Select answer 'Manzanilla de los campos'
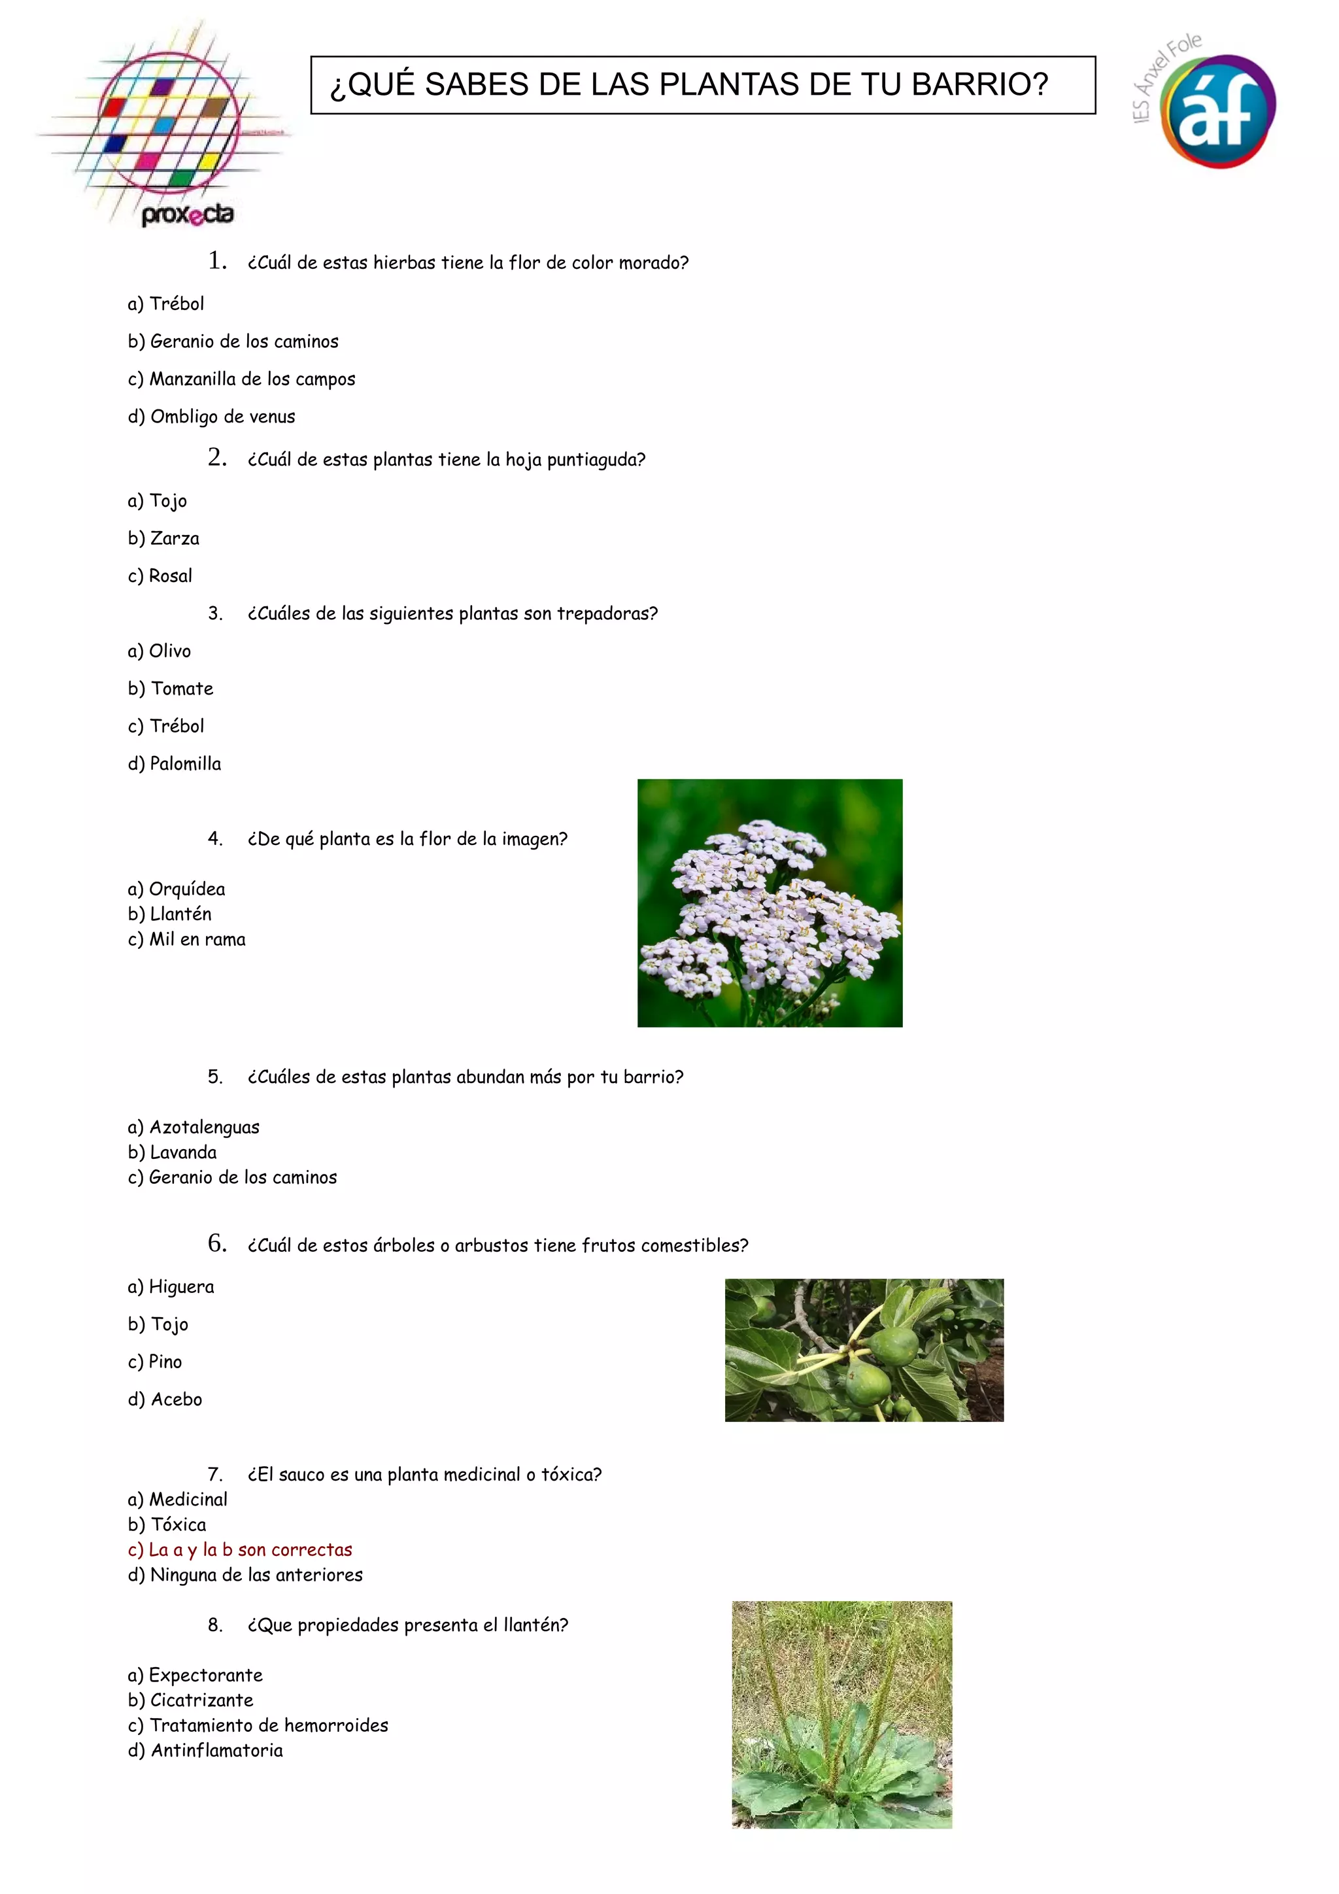click(x=252, y=379)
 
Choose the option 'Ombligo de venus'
click(x=222, y=417)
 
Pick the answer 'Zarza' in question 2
click(x=174, y=539)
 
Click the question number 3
click(x=215, y=613)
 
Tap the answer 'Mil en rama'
click(x=196, y=940)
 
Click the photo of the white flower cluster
click(x=770, y=903)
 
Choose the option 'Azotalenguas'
click(x=203, y=1128)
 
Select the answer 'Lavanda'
click(x=182, y=1152)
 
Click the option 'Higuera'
click(x=180, y=1287)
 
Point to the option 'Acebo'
click(x=176, y=1400)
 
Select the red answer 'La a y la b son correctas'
click(x=249, y=1550)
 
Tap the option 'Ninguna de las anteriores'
click(x=256, y=1575)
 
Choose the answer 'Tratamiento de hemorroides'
click(x=268, y=1726)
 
